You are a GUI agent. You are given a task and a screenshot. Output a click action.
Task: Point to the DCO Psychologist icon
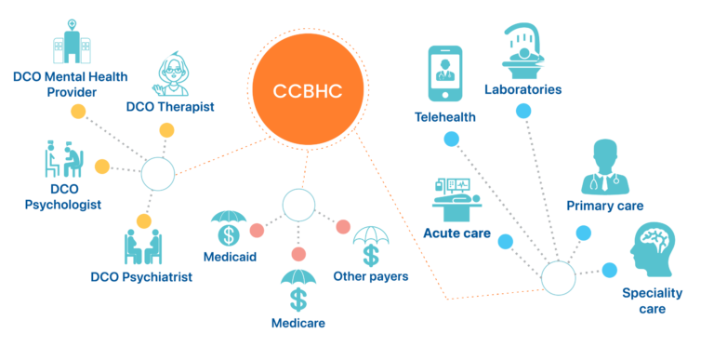tap(63, 159)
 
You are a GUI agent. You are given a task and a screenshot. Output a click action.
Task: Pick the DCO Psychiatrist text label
tap(141, 277)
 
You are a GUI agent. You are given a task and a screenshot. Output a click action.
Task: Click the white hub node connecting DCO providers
tap(157, 172)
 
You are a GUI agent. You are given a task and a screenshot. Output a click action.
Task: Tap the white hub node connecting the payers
tap(298, 205)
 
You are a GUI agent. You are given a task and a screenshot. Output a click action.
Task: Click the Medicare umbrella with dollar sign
tap(298, 289)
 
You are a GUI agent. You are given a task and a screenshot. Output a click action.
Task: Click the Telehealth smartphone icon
tap(444, 73)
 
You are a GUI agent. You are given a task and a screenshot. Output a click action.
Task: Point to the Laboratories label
tap(522, 89)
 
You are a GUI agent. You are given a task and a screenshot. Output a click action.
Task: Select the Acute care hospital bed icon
tap(456, 198)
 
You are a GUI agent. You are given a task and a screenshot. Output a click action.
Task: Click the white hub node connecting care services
tap(558, 277)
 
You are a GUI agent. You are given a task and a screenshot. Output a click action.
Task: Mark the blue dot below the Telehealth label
tap(452, 139)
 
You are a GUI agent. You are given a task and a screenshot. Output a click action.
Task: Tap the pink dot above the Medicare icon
tap(298, 254)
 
